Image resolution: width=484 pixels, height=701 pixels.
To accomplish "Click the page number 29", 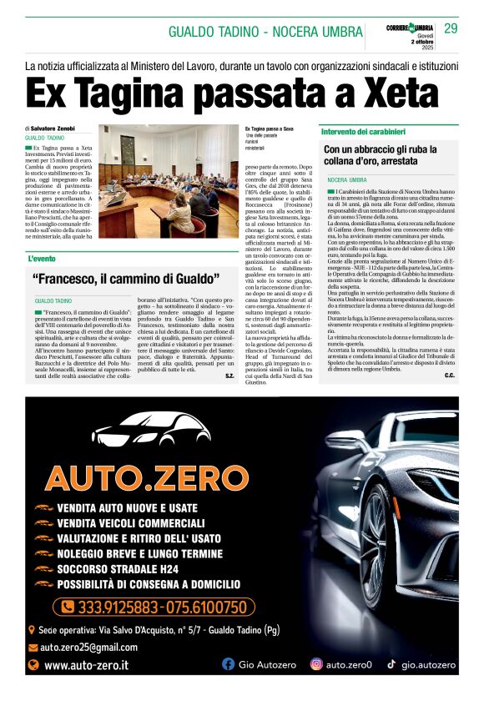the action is coord(451,28).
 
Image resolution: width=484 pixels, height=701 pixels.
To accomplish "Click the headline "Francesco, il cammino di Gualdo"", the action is coord(125,279).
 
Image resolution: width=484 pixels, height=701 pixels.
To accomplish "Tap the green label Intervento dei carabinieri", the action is coord(363,133).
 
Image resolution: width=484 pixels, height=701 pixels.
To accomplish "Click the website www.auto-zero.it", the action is coord(86,665).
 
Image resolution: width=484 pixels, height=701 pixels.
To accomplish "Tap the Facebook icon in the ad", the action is coord(228,664).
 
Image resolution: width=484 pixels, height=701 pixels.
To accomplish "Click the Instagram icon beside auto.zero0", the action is coord(316,664).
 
